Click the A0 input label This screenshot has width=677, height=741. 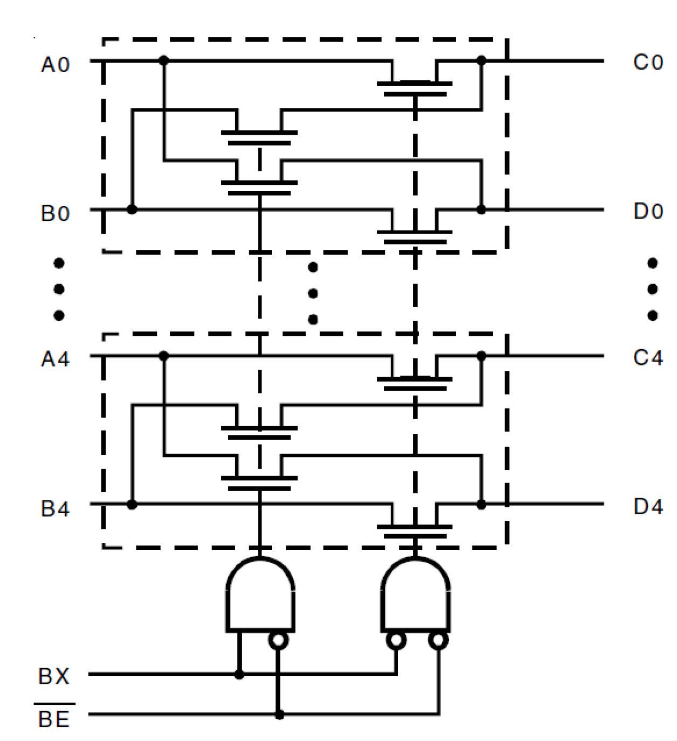coord(55,65)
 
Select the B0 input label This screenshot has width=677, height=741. coord(55,213)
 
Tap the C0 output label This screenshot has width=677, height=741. coord(648,63)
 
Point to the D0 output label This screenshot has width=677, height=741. coord(648,212)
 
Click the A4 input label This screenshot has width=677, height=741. coord(55,359)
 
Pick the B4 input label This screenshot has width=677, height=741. coord(55,508)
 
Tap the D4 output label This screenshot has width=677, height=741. coord(648,507)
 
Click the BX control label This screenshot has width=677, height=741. coord(54,676)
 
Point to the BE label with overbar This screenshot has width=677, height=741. coord(54,718)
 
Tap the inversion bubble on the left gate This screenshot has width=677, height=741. coord(279,640)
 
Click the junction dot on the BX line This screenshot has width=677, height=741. coord(239,674)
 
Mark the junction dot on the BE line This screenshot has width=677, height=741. coord(279,715)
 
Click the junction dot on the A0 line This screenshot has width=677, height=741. coord(164,61)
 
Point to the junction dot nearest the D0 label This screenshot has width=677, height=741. coord(481,209)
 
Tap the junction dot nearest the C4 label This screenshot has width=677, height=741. coord(481,356)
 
